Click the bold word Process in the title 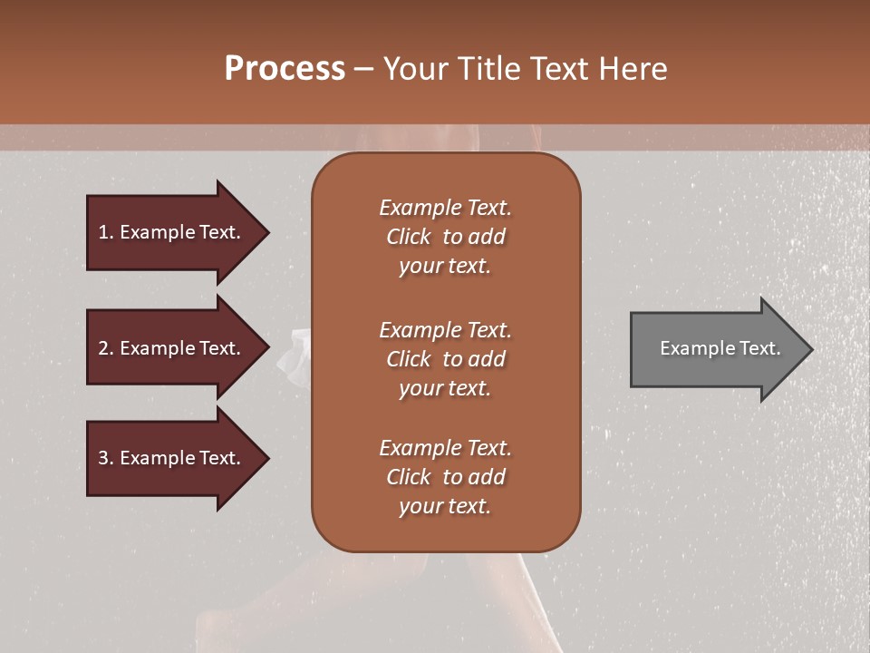tap(285, 69)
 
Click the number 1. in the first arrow tap(106, 232)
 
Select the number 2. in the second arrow tap(106, 348)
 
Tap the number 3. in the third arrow tap(106, 458)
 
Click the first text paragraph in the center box tap(445, 237)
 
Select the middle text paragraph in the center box tap(445, 359)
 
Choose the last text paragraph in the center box tap(445, 477)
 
